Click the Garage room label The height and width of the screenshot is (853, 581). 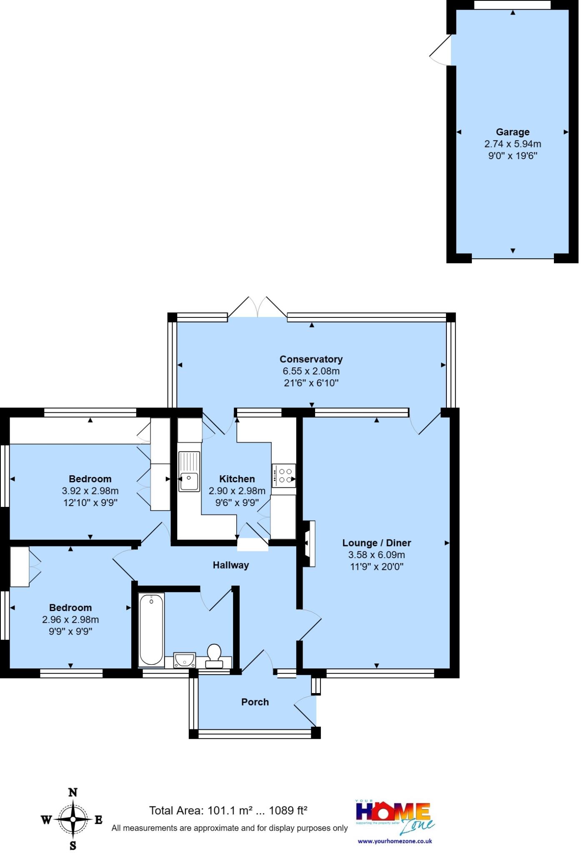pyautogui.click(x=512, y=132)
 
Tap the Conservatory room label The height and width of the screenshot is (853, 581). pyautogui.click(x=311, y=359)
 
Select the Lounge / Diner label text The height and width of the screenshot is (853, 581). pyautogui.click(x=376, y=543)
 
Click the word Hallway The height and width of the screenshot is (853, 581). pyautogui.click(x=230, y=565)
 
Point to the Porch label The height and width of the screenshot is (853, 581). pyautogui.click(x=255, y=702)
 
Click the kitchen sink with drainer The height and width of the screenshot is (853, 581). pyautogui.click(x=189, y=471)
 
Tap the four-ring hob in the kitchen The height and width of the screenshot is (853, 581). pyautogui.click(x=284, y=476)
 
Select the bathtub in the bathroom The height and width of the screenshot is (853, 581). pyautogui.click(x=151, y=630)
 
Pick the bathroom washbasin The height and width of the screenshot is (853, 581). pyautogui.click(x=184, y=660)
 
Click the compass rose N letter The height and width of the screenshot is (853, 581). pyautogui.click(x=73, y=792)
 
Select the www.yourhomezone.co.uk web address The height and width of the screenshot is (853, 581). pyautogui.click(x=395, y=841)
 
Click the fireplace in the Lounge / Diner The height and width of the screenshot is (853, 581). pyautogui.click(x=309, y=544)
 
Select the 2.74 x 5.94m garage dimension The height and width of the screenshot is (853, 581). pyautogui.click(x=512, y=144)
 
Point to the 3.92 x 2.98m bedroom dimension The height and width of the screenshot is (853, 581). pyautogui.click(x=90, y=491)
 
